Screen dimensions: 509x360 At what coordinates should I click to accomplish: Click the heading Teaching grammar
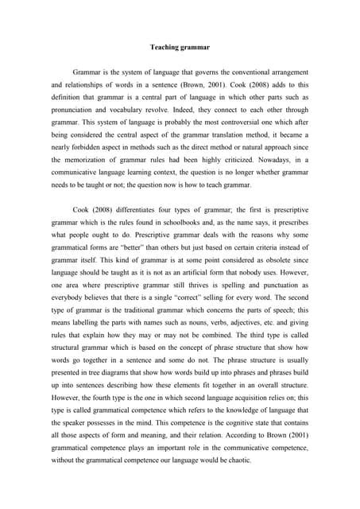click(x=180, y=47)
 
